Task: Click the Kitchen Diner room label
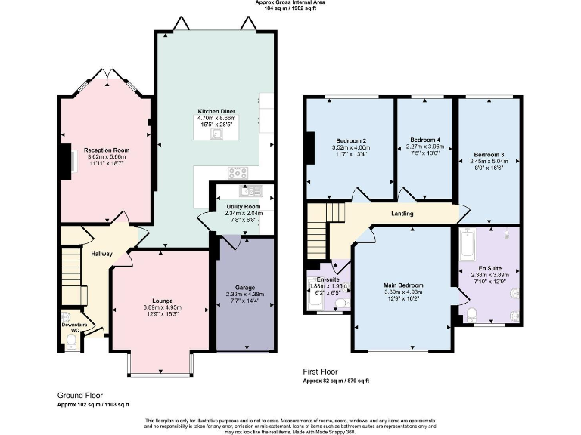(x=216, y=110)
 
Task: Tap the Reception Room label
(x=107, y=150)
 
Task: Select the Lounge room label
(x=161, y=301)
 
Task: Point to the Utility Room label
(x=243, y=206)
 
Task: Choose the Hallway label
(x=101, y=254)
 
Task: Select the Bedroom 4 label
(x=424, y=140)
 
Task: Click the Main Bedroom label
(x=403, y=285)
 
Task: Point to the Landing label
(x=402, y=214)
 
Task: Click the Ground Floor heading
(x=80, y=395)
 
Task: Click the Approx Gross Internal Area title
(x=290, y=3)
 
